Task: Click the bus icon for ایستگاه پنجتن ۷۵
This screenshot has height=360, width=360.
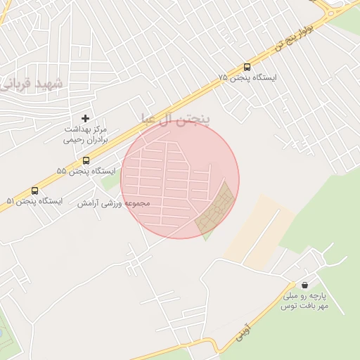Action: pyautogui.click(x=246, y=66)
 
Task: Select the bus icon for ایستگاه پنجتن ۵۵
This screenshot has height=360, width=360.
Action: pyautogui.click(x=86, y=160)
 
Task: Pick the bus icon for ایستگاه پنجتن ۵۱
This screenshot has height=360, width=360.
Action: pyautogui.click(x=34, y=191)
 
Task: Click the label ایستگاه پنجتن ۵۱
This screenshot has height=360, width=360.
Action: pyautogui.click(x=34, y=201)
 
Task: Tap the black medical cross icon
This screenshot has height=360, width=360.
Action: pyautogui.click(x=86, y=119)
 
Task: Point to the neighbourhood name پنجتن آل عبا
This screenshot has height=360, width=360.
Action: pyautogui.click(x=176, y=118)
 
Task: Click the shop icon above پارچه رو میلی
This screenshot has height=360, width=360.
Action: pyautogui.click(x=304, y=285)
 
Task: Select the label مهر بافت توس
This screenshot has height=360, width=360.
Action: pyautogui.click(x=301, y=307)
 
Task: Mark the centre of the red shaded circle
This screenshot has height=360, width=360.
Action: pyautogui.click(x=180, y=180)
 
